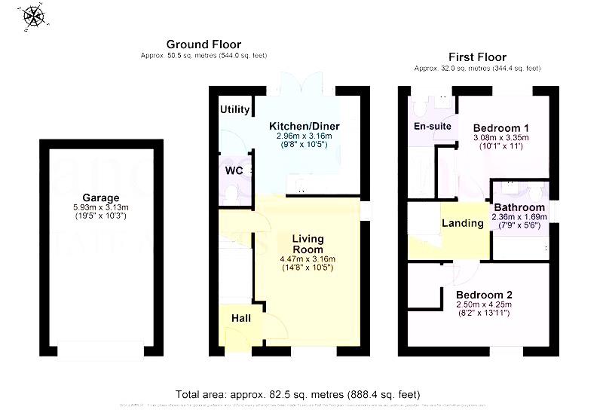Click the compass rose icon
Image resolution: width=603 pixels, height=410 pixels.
pos(33,16)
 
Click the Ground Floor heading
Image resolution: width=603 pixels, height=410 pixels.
pos(204,44)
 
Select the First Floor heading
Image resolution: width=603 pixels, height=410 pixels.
pos(477,57)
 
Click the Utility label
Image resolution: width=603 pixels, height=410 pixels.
pos(235,109)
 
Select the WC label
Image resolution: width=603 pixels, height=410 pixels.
pos(234,170)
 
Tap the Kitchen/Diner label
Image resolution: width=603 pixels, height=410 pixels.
pos(305,125)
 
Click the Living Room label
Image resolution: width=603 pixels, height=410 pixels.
pos(308,243)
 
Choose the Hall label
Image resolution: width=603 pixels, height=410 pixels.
pos(241,318)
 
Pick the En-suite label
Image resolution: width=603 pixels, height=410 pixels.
pos(433,126)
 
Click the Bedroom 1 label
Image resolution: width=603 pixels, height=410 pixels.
pos(500,127)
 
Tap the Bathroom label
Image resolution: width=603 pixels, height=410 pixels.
pos(519,207)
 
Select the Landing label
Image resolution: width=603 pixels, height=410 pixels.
pos(462,223)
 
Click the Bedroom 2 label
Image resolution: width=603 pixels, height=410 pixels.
pos(483,294)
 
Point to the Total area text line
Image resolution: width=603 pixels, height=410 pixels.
pos(298,394)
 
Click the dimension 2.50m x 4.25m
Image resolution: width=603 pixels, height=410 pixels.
pos(483,304)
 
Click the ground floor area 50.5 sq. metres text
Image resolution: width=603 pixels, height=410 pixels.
pos(204,56)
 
